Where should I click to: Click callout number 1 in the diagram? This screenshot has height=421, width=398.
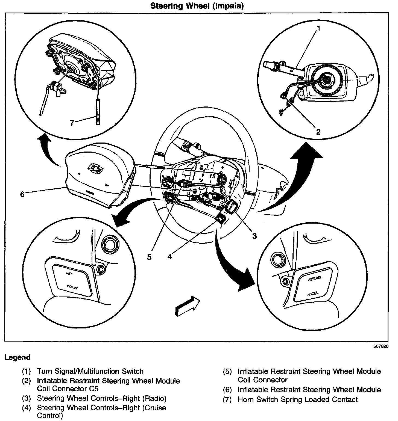tap(318, 28)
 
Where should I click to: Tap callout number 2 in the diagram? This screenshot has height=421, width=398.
tap(318, 132)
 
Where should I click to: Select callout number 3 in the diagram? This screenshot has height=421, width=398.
tap(254, 236)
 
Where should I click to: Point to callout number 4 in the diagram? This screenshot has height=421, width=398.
tap(169, 257)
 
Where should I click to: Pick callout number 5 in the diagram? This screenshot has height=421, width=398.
tap(149, 257)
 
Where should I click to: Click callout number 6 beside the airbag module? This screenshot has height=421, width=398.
tap(22, 194)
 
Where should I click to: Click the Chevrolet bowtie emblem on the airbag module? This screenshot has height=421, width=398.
tap(96, 170)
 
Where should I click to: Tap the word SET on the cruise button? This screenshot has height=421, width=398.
tap(69, 274)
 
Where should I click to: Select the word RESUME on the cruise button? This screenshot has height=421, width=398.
tap(315, 279)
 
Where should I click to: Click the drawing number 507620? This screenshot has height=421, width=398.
tap(381, 346)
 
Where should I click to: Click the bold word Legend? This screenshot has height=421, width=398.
tap(17, 357)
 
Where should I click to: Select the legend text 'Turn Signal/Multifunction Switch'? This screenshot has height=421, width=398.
tap(90, 371)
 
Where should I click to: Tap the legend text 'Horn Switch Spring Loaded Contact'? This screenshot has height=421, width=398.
tap(297, 400)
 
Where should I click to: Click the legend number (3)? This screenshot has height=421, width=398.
tap(27, 399)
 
